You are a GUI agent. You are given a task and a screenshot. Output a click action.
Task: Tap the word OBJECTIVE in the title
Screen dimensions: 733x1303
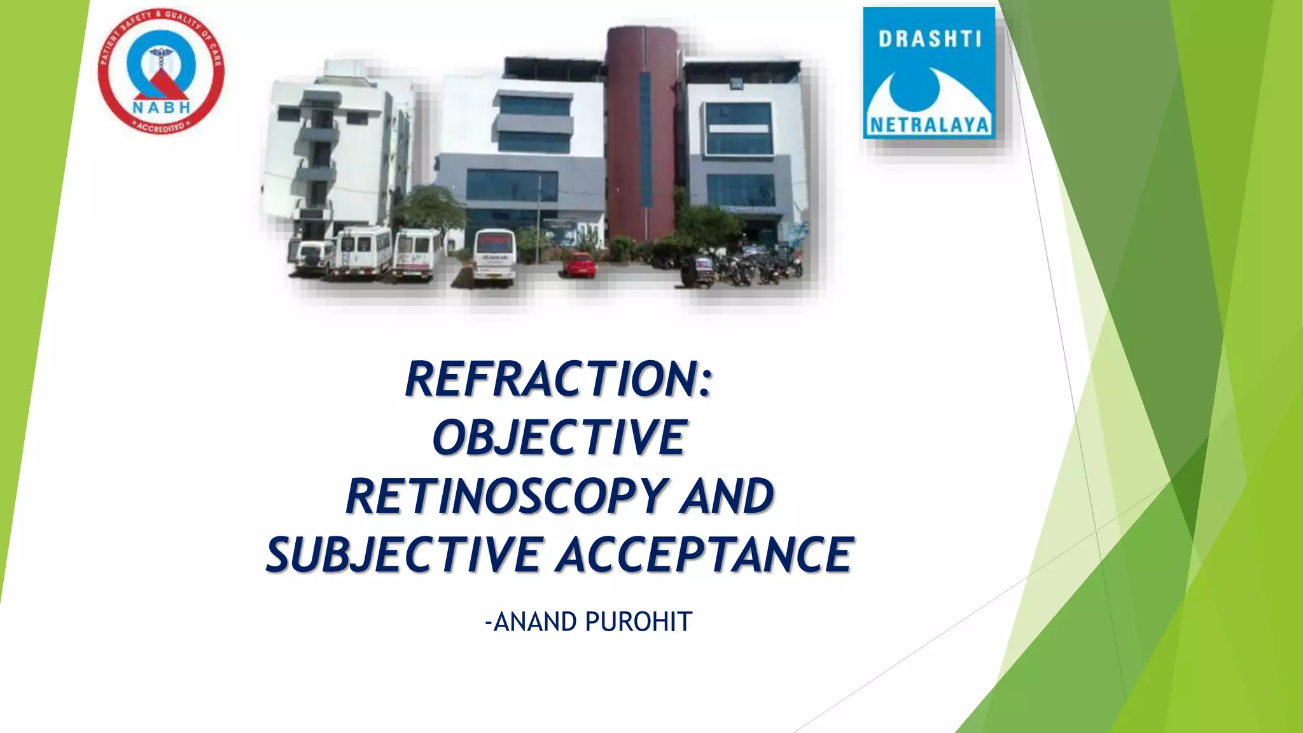tap(559, 438)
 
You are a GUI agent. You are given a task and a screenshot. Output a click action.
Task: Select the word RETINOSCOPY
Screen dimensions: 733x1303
tap(506, 496)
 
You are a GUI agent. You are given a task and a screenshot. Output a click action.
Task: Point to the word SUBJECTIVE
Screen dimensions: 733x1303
tap(405, 555)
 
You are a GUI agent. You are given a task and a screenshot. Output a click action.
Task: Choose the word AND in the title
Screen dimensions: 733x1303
tap(727, 496)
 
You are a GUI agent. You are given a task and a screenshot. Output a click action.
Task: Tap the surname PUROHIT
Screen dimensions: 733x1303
tap(638, 622)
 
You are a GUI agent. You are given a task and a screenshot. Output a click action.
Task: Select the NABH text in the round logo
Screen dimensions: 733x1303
tap(162, 108)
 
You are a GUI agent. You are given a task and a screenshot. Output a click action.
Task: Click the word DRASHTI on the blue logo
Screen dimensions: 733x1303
tap(930, 39)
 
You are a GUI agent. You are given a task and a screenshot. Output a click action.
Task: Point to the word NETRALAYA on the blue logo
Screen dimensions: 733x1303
tap(929, 125)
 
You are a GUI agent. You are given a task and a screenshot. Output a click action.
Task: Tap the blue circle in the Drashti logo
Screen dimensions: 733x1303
tap(914, 89)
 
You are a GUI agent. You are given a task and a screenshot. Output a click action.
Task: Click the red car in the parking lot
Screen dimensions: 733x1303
tap(579, 264)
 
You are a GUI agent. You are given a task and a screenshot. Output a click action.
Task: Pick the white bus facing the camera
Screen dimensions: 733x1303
tap(494, 256)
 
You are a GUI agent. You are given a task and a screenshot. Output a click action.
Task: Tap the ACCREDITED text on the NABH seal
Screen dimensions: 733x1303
tap(162, 127)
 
